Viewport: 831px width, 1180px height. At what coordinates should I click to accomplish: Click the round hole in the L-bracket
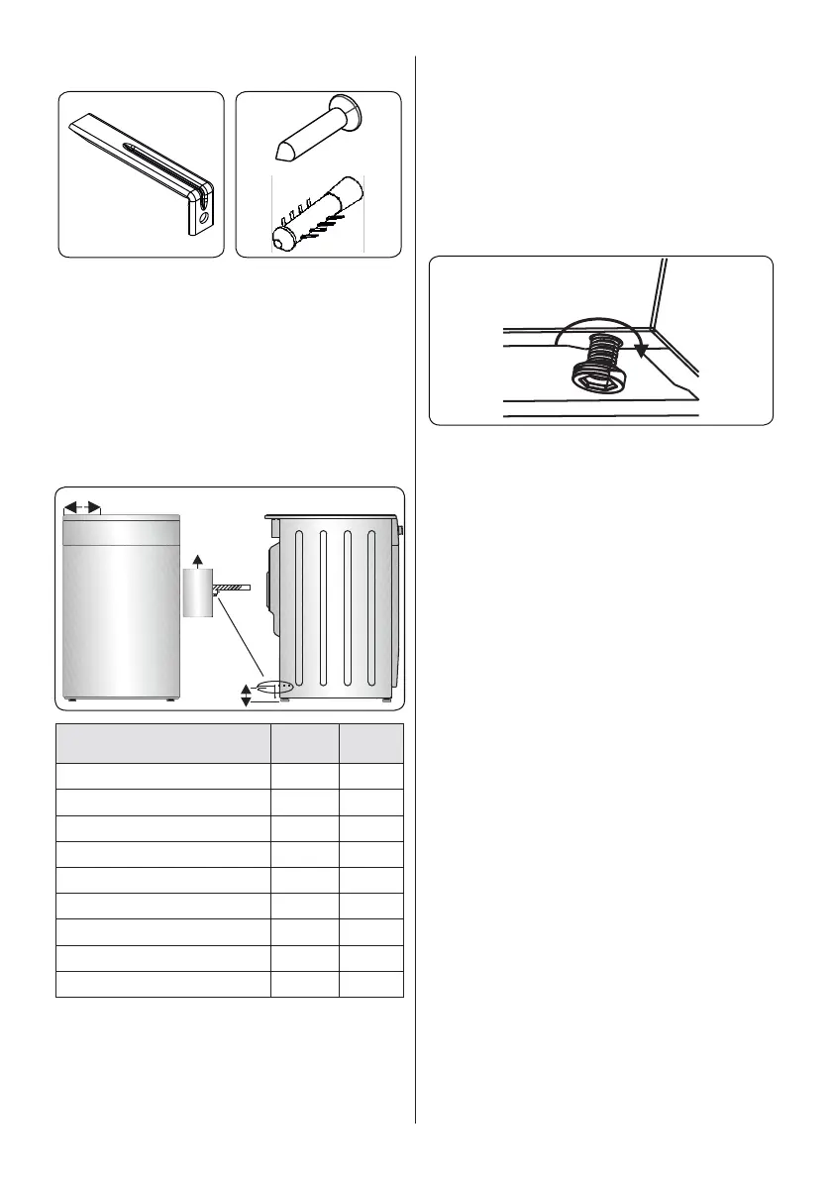pyautogui.click(x=203, y=216)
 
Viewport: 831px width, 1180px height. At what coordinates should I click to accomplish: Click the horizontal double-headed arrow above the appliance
pyautogui.click(x=82, y=507)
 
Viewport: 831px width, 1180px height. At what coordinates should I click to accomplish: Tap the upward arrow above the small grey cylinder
pyautogui.click(x=198, y=560)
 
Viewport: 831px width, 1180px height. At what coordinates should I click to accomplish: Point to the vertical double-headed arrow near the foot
pyautogui.click(x=247, y=696)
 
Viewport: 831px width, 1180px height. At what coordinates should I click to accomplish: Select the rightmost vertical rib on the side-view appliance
pyautogui.click(x=372, y=613)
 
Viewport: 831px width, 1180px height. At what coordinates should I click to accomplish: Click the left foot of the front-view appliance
pyautogui.click(x=74, y=700)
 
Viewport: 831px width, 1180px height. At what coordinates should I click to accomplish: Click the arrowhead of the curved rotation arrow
pyautogui.click(x=641, y=348)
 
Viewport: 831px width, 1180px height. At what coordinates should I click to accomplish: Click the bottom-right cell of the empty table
pyautogui.click(x=370, y=984)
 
